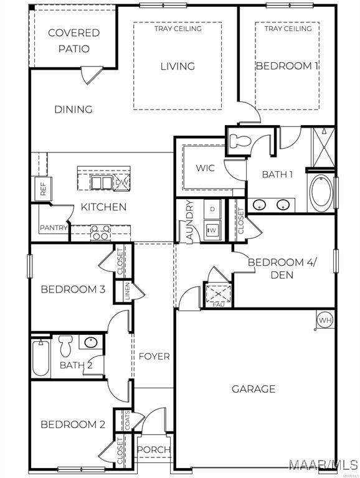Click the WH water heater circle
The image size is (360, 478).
click(324, 319)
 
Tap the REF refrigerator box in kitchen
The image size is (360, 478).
click(43, 189)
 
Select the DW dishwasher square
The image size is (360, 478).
click(121, 182)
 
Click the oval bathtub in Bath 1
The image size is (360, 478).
click(321, 193)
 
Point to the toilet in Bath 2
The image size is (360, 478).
click(65, 345)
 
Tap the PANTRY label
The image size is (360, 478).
click(54, 227)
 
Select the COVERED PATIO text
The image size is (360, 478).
click(74, 40)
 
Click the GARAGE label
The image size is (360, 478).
click(253, 388)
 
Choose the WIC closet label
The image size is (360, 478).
click(205, 167)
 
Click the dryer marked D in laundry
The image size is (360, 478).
click(212, 209)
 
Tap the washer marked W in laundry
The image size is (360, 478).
click(212, 230)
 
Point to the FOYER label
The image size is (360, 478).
click(154, 356)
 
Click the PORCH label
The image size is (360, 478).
click(154, 449)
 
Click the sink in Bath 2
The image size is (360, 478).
click(91, 342)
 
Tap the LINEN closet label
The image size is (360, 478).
click(128, 291)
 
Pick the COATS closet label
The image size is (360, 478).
click(127, 421)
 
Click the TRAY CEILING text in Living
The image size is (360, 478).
click(178, 29)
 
